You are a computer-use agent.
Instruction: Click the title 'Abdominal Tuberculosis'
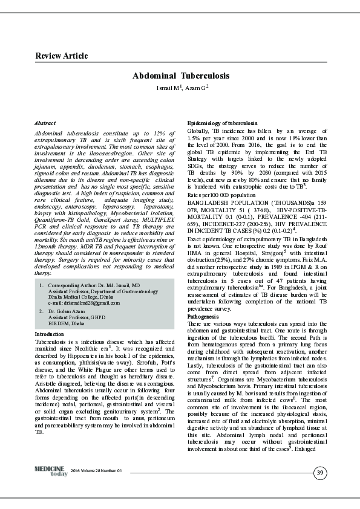tap(181, 76)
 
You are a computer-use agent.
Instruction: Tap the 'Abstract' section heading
tap(45, 123)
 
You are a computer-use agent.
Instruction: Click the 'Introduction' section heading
tap(50, 334)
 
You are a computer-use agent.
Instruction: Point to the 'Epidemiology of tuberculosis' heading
tap(223, 123)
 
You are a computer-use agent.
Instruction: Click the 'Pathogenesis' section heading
tap(203, 316)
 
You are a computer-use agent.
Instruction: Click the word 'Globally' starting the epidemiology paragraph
tap(199, 130)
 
